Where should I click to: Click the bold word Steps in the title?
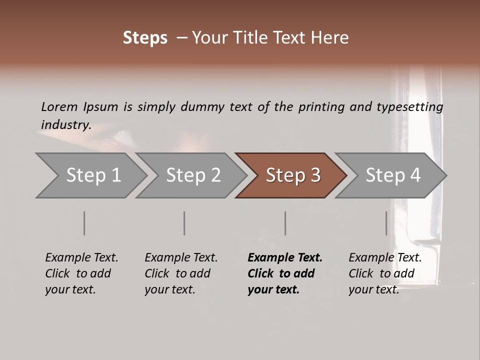pyautogui.click(x=145, y=38)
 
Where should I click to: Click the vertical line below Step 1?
pyautogui.click(x=84, y=223)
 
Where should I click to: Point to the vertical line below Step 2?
pyautogui.click(x=184, y=223)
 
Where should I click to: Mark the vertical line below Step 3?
pyautogui.click(x=285, y=223)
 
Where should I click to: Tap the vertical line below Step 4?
pyautogui.click(x=386, y=223)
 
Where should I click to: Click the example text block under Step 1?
pyautogui.click(x=81, y=273)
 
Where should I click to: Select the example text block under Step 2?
pyautogui.click(x=181, y=273)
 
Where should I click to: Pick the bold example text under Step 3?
pyautogui.click(x=285, y=273)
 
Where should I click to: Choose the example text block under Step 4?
pyautogui.click(x=385, y=273)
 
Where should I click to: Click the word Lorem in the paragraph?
pyautogui.click(x=59, y=106)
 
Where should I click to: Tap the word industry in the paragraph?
pyautogui.click(x=66, y=124)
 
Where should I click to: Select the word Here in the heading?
pyautogui.click(x=331, y=38)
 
